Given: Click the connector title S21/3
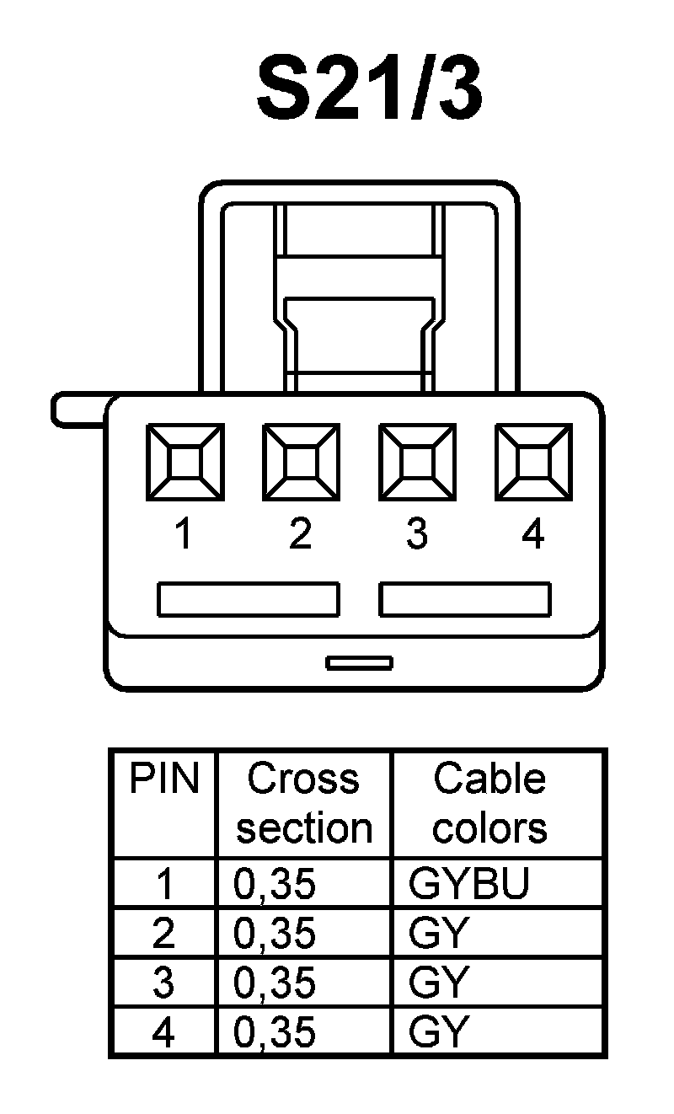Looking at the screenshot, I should point(369,89).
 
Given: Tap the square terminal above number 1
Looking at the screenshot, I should point(185,462).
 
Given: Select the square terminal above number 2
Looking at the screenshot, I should point(301,462).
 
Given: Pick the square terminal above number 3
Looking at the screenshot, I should point(417,462).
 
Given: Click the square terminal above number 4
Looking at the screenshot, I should point(533,462).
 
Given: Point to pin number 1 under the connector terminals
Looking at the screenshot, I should point(184,534).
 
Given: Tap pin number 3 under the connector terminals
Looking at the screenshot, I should point(416,534).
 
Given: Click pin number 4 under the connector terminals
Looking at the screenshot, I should point(533,534).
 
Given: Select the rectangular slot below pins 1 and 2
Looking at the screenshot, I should point(249,599).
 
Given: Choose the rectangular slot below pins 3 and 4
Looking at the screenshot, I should point(465,599).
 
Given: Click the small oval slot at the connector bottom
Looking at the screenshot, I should point(360,662).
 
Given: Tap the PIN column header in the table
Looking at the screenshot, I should point(164,780).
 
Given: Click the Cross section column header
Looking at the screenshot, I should point(304,804).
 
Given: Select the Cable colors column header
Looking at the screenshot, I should point(489,804).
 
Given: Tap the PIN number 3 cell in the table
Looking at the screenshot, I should point(163,983).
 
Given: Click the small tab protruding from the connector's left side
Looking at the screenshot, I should point(78,409).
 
